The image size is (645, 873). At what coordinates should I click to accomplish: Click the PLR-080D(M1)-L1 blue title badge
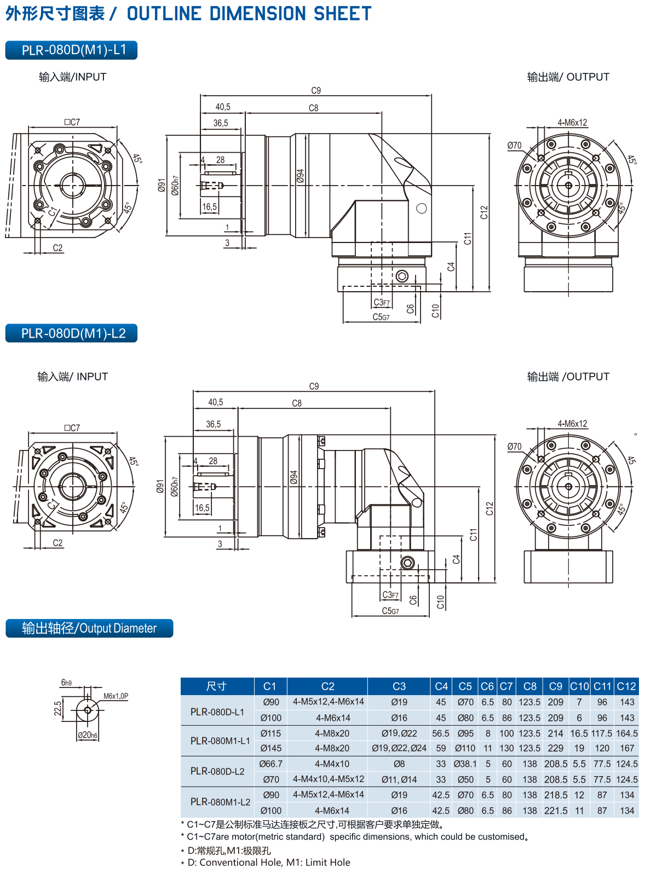point(71,50)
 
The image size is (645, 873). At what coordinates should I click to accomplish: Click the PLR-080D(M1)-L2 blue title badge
point(71,333)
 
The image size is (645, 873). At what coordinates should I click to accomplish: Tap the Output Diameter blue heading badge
point(89,628)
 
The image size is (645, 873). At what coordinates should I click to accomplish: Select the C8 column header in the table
point(529,686)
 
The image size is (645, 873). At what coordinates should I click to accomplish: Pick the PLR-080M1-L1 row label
point(220,741)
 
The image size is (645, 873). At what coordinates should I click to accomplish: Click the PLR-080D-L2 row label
point(217,771)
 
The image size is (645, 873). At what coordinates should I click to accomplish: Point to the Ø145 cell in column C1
point(271,748)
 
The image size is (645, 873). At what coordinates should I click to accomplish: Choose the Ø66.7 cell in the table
point(271,764)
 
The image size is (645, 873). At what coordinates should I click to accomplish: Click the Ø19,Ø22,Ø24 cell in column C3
point(399,748)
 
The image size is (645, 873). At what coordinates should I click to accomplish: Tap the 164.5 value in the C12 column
point(627,733)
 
